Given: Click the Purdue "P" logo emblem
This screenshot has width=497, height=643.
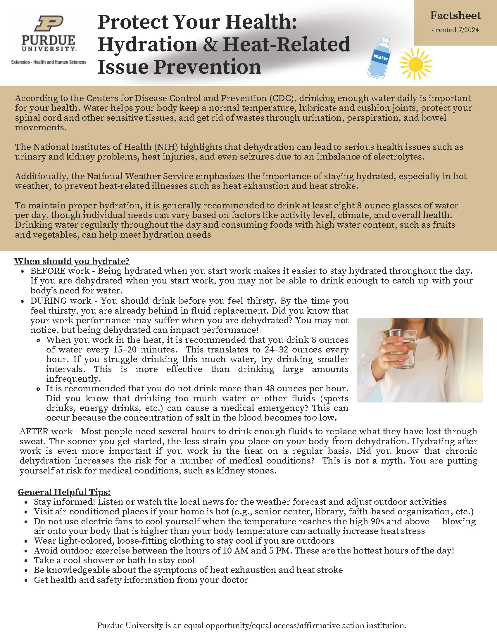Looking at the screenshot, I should pos(49,23).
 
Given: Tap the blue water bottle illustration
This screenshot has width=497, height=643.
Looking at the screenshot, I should pos(379,58).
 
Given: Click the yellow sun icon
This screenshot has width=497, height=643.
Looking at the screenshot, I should pos(415,64).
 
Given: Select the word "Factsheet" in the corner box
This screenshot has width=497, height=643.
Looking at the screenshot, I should pos(455,15).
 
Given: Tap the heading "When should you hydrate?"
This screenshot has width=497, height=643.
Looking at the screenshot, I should pos(72,261).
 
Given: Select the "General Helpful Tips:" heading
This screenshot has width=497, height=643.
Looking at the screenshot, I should pos(64,492).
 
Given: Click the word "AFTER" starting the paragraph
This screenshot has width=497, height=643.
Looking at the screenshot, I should pos(34,432).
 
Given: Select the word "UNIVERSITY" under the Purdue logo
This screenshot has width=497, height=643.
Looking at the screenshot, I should pos(48,49).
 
